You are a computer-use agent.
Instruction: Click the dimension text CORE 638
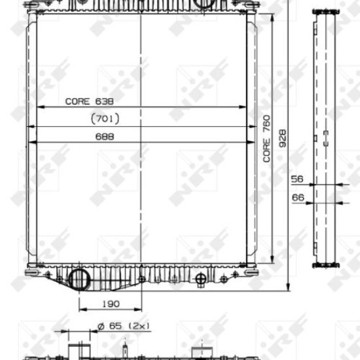[89, 101]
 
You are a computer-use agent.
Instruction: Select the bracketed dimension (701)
[105, 118]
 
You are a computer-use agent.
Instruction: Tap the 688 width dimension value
[105, 137]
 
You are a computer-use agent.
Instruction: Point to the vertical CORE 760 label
[266, 139]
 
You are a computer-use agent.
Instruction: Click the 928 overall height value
[283, 138]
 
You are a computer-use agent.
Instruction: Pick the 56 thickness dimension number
[297, 179]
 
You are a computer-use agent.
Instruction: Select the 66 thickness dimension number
[298, 198]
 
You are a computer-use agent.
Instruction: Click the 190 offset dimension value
[111, 304]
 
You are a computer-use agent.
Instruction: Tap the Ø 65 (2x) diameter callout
[124, 326]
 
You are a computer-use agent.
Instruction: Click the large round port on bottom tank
[79, 279]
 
